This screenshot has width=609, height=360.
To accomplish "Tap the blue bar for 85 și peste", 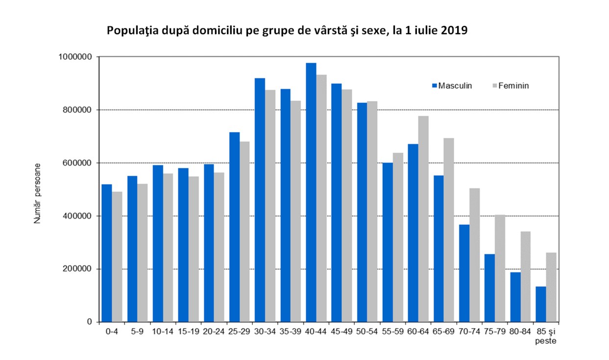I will click(x=540, y=304).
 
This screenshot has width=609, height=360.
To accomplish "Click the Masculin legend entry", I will click(x=451, y=86).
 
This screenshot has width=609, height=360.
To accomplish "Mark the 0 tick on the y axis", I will click(x=90, y=322).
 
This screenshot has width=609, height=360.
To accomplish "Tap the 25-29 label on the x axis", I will click(x=239, y=332).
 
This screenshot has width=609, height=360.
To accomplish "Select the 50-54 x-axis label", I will click(x=367, y=332).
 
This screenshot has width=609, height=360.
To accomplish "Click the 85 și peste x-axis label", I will click(x=545, y=336).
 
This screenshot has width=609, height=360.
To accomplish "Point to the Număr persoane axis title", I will click(x=37, y=194).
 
